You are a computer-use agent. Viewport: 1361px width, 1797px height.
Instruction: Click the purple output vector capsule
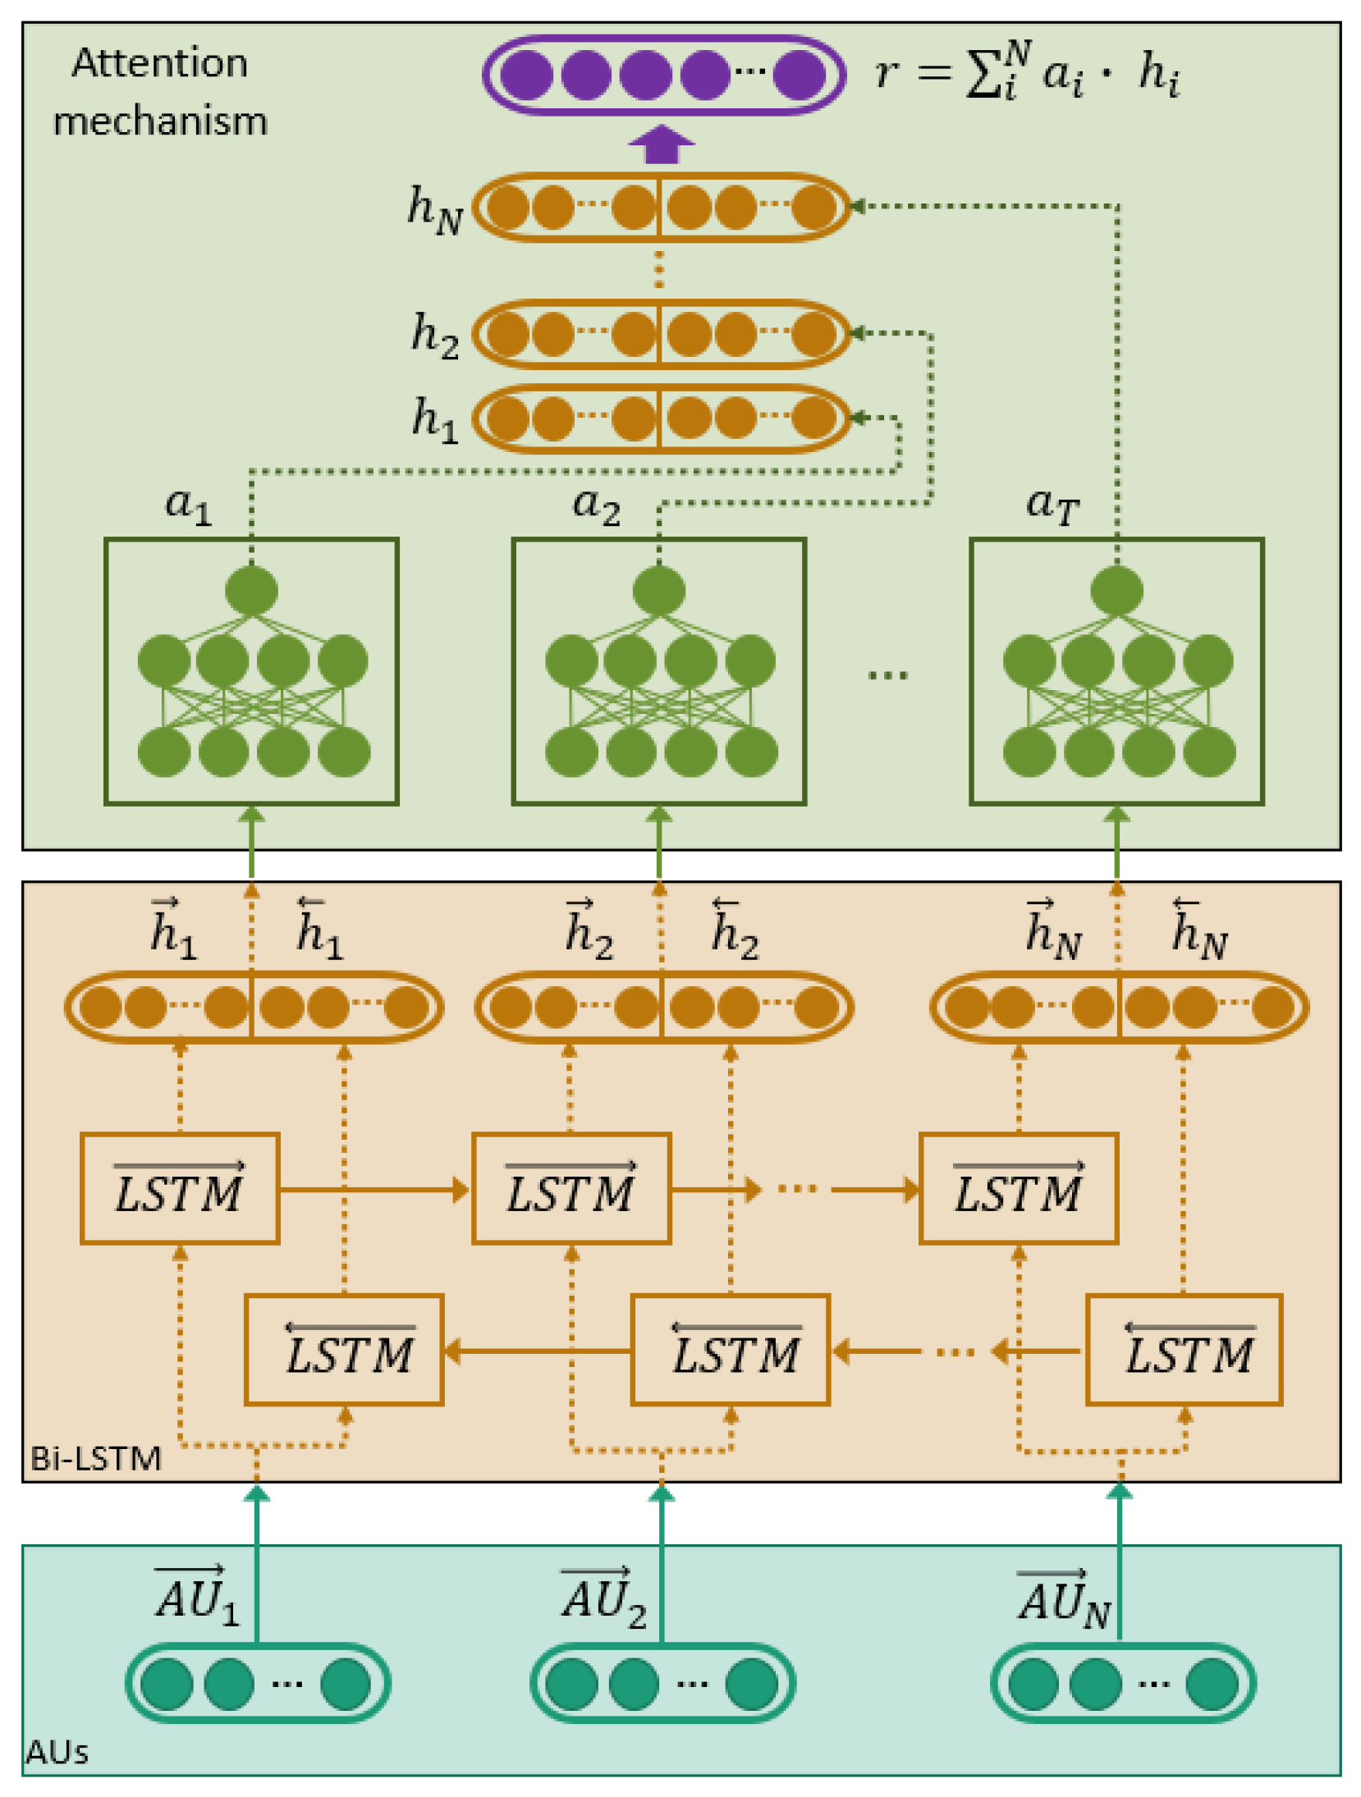point(663,75)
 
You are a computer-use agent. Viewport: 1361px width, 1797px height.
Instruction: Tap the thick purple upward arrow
point(661,145)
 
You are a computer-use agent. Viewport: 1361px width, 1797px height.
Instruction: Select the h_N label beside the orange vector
point(435,208)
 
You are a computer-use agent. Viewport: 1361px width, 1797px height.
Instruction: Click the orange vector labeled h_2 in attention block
point(661,334)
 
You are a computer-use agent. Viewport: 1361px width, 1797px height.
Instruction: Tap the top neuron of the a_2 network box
point(659,590)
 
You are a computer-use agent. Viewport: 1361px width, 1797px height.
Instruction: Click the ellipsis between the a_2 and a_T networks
point(887,675)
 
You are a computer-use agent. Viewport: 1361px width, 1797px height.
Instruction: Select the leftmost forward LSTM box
point(180,1189)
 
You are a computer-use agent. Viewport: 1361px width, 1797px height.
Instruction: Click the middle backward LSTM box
point(730,1351)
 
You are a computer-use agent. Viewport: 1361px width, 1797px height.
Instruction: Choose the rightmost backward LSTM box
point(1184,1351)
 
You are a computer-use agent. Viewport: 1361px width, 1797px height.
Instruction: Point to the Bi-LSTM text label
point(95,1459)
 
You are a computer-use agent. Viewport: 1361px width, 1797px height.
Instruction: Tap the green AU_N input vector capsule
point(1122,1683)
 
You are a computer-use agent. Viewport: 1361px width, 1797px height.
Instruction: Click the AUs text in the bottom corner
point(57,1753)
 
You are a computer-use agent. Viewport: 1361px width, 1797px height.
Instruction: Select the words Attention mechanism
point(160,92)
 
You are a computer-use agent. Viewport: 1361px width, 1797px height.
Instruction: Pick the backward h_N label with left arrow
point(1198,931)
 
